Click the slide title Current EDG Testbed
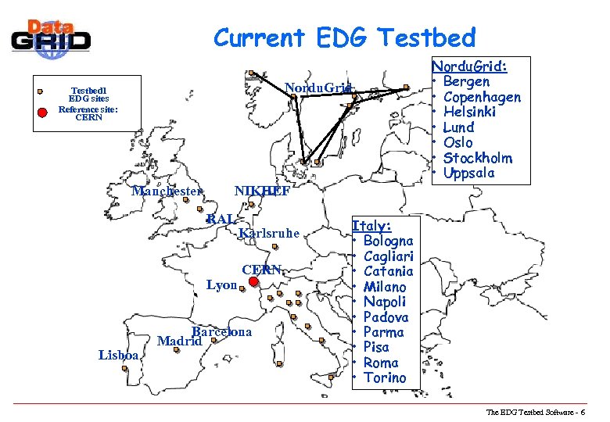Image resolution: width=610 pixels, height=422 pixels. [344, 37]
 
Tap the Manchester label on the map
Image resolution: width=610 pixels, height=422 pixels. [167, 191]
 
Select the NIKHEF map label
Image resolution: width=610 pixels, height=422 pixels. [262, 191]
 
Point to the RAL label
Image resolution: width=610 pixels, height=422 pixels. [220, 219]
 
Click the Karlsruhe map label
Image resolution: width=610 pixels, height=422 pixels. [270, 233]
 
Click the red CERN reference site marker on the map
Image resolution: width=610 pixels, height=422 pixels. [253, 283]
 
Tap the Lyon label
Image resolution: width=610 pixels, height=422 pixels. [221, 285]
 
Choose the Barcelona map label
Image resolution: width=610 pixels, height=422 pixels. [221, 332]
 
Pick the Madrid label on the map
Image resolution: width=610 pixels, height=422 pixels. [180, 341]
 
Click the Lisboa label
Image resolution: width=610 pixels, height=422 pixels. [119, 355]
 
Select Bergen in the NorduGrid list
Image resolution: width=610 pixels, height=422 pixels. [466, 82]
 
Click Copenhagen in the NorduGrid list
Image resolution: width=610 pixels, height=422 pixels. [481, 97]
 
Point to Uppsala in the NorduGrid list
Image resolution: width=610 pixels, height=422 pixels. [468, 173]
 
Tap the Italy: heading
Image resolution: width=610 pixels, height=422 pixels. [371, 226]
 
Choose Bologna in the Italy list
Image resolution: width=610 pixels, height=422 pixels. [388, 241]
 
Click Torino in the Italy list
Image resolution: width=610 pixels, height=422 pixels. [385, 377]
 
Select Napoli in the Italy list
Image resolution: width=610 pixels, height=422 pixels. [385, 302]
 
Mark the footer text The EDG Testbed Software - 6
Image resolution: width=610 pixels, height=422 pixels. [540, 412]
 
